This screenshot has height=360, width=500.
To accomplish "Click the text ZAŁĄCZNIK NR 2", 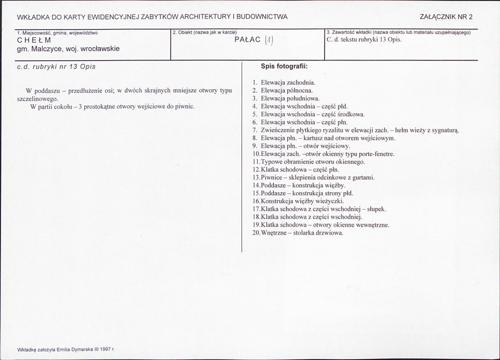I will click(x=447, y=17).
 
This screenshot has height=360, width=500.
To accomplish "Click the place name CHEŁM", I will click(x=34, y=41).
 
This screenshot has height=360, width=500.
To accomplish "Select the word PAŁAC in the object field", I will click(x=247, y=40).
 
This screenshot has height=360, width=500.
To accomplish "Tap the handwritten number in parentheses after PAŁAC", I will click(x=269, y=41).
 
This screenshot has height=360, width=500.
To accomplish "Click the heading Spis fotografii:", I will click(x=284, y=66).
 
